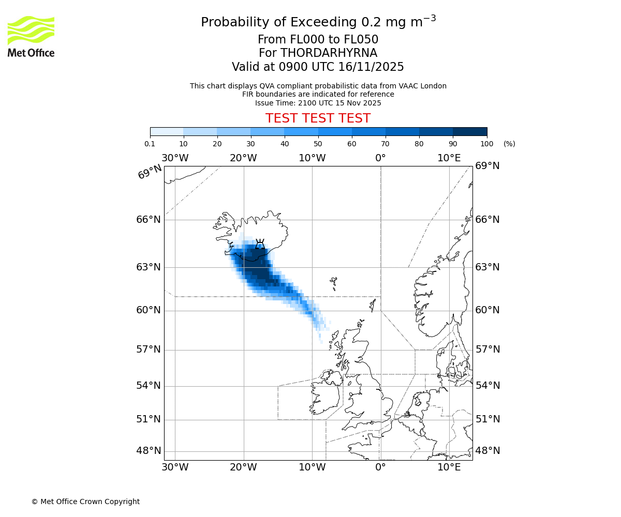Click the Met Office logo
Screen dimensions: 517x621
[x=31, y=36]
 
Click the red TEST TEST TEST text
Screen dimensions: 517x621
[x=318, y=119]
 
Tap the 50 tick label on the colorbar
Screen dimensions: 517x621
[x=318, y=144]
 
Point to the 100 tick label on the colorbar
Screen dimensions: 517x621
[x=486, y=144]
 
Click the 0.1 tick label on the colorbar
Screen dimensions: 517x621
[x=150, y=144]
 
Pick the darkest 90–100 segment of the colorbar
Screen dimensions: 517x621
[x=470, y=131]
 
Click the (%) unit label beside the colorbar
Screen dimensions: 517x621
[x=509, y=144]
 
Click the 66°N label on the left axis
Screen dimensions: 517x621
[x=149, y=220]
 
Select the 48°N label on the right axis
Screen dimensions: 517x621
[x=487, y=451]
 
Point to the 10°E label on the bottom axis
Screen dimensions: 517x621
[x=449, y=467]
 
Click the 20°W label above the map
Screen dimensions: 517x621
[x=244, y=158]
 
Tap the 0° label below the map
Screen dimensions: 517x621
[x=380, y=467]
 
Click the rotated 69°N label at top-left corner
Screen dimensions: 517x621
[x=150, y=172]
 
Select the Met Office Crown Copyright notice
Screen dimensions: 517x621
[x=85, y=501]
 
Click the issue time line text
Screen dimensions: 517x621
[x=318, y=103]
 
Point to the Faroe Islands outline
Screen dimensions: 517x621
[x=334, y=283]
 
